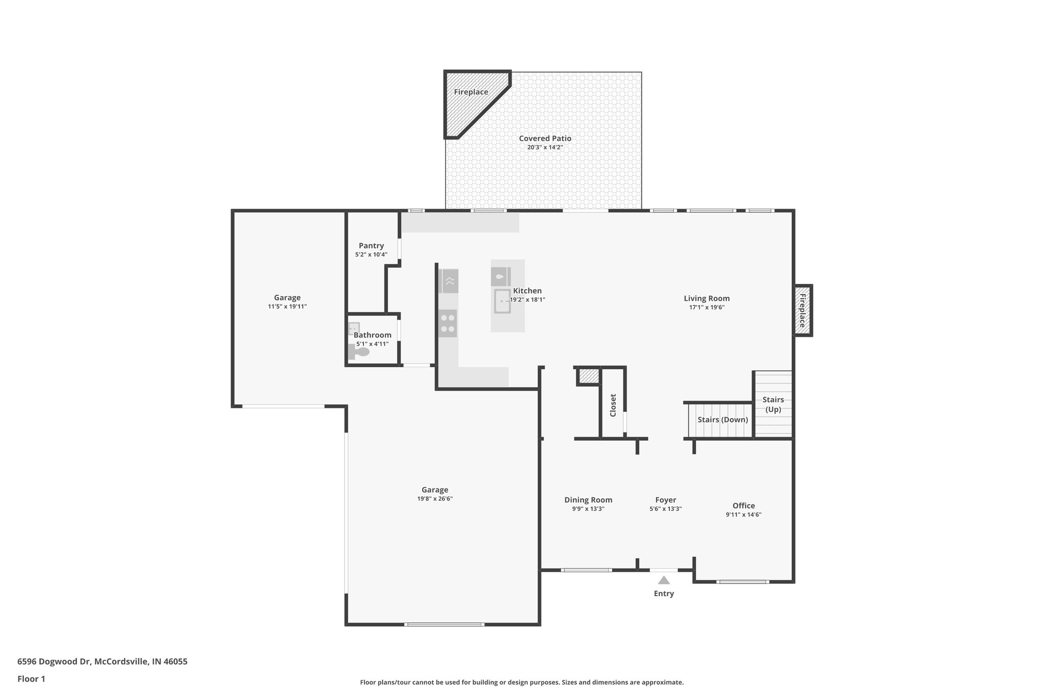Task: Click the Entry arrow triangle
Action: [x=663, y=580]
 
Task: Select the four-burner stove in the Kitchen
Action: [x=448, y=323]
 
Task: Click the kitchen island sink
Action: [x=502, y=301]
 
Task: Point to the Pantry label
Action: [x=371, y=246]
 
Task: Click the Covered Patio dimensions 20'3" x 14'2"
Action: [x=545, y=147]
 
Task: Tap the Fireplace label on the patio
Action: [x=471, y=92]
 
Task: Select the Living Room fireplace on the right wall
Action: [x=802, y=311]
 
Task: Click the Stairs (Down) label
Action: [x=722, y=420]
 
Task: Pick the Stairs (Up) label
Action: [x=773, y=404]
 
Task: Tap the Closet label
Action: [x=613, y=405]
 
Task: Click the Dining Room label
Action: [x=588, y=500]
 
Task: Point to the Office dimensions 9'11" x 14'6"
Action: [x=743, y=515]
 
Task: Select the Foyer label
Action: [x=665, y=500]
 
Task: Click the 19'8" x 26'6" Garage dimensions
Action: [x=434, y=499]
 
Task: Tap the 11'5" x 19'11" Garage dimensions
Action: [x=287, y=306]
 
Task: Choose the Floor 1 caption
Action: [x=31, y=679]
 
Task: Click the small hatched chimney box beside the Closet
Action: [x=588, y=376]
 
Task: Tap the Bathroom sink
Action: [x=354, y=328]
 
